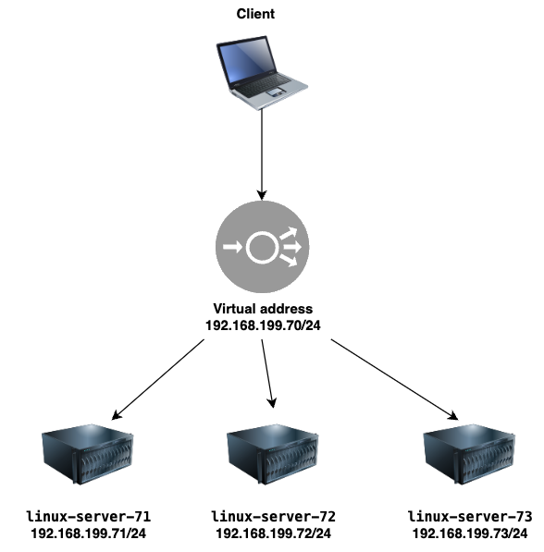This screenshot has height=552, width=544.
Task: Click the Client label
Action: (255, 14)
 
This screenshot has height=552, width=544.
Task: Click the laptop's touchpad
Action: (276, 93)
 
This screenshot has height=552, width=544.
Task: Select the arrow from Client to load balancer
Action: (262, 154)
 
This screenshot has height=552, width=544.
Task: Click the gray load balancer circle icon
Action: (262, 247)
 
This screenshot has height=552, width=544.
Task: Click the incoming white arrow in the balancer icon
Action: (232, 247)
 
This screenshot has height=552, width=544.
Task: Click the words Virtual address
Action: (263, 309)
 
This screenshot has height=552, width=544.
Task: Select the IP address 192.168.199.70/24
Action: (263, 325)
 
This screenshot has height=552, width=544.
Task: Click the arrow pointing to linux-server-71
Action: (158, 379)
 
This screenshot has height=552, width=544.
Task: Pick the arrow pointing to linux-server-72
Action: (267, 374)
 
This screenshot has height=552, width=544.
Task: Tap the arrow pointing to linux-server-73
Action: (394, 379)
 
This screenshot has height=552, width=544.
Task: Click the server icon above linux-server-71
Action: (87, 454)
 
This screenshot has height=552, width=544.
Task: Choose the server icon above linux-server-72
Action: (272, 454)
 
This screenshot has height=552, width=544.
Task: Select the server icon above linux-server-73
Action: (469, 454)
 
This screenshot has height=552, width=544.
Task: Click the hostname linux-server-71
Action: (89, 517)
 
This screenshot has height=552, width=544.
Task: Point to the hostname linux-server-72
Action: (273, 517)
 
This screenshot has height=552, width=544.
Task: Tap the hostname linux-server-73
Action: (470, 517)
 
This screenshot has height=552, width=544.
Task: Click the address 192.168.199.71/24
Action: (89, 534)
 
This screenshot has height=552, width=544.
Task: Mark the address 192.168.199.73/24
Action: (470, 534)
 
